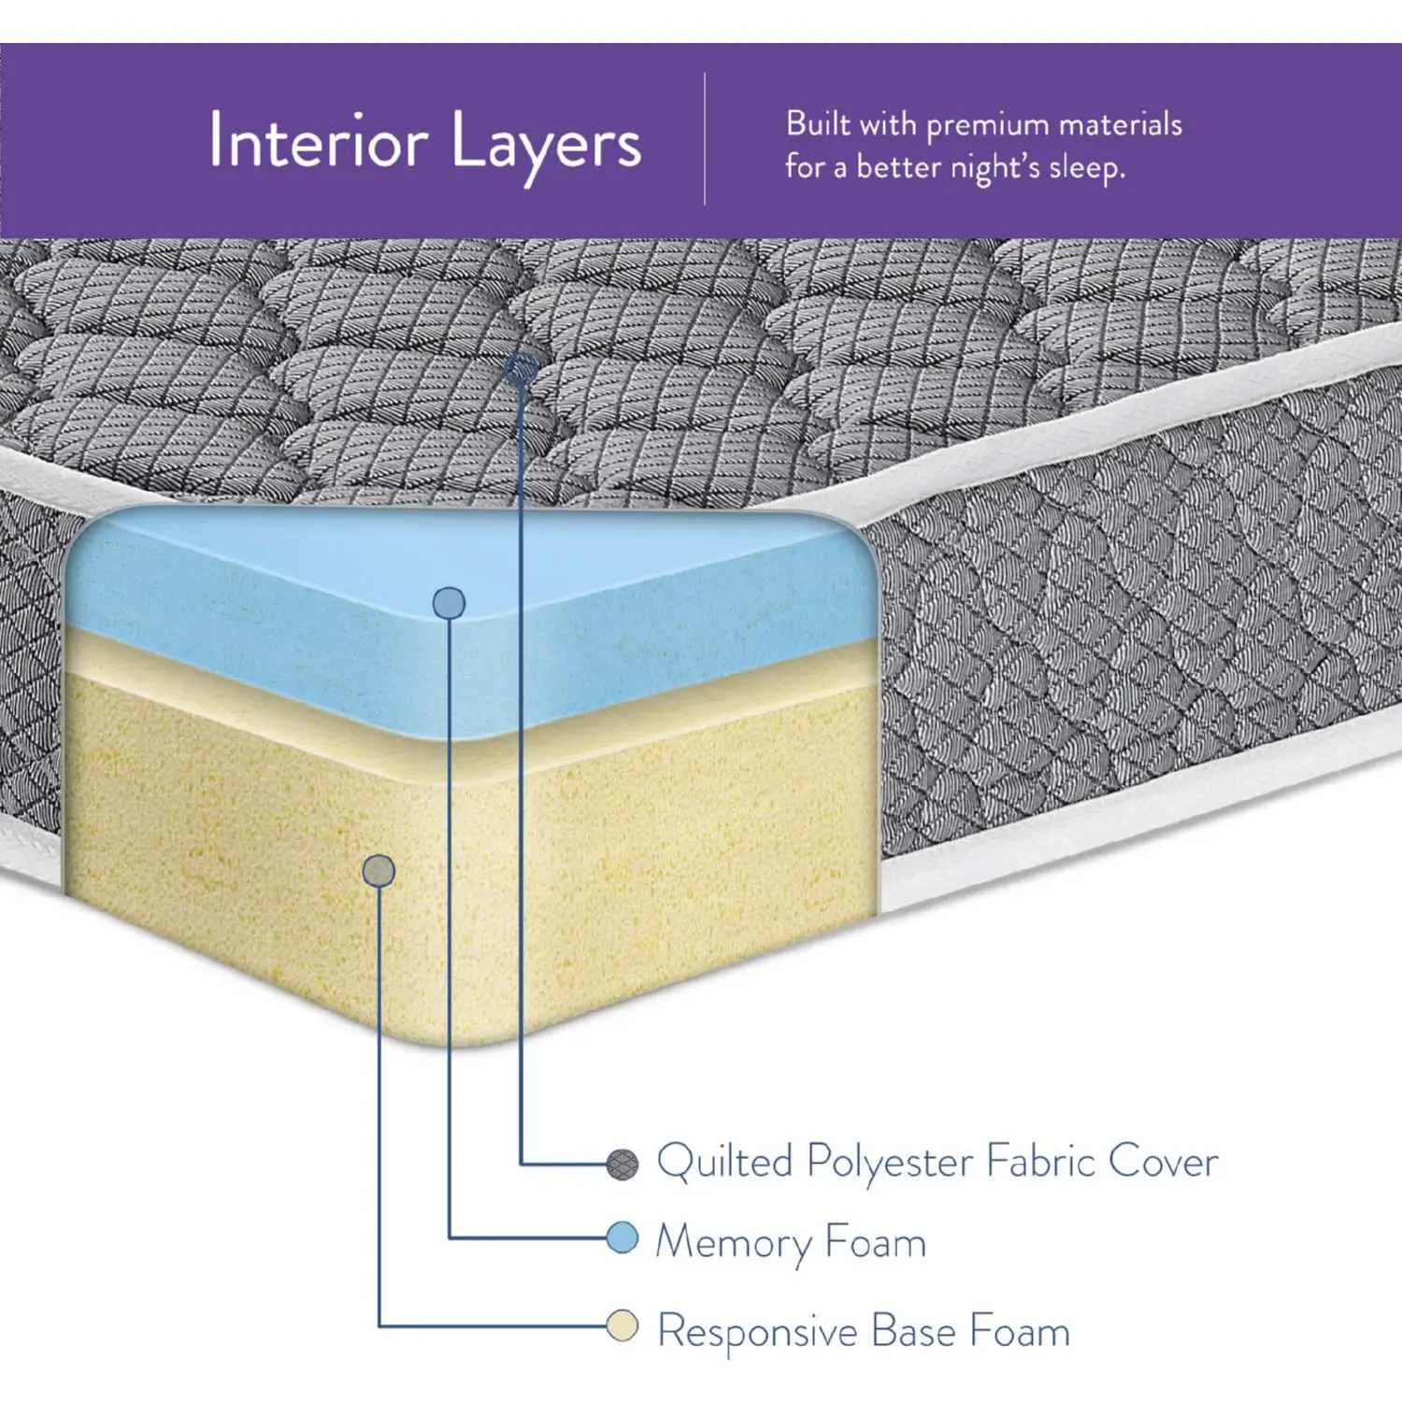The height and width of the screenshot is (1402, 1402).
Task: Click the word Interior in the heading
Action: point(318,141)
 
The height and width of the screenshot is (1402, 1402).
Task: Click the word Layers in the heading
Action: point(547,145)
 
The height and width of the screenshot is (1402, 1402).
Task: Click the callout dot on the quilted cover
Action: point(521,370)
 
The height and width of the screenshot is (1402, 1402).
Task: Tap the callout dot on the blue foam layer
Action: point(450,603)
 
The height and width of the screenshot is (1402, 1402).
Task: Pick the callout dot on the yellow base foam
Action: point(379,871)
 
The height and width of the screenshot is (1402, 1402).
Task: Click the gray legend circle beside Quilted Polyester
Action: point(622,1164)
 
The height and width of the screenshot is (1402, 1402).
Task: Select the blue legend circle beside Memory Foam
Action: point(622,1238)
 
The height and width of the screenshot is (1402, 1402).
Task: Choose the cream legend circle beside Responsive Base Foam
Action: point(622,1325)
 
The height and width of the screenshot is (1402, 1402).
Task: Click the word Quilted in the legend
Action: point(724,1162)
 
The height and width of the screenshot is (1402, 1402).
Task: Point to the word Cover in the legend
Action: point(1163,1162)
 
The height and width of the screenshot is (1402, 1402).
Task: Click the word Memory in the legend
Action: point(735,1244)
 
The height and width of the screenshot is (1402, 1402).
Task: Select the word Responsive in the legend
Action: point(757,1331)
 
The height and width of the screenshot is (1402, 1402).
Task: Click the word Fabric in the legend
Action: point(1040,1162)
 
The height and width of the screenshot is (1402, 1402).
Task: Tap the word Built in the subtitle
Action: point(818,123)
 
